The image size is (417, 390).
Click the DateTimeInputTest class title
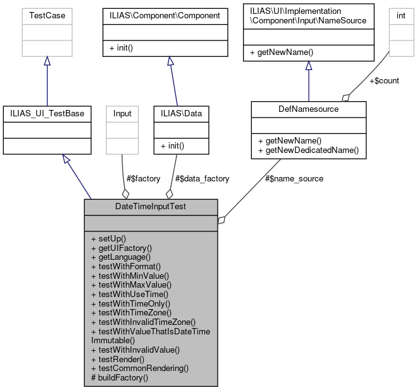pos(151,207)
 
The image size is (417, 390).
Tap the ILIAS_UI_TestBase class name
pos(47,113)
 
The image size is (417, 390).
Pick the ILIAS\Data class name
pos(181,113)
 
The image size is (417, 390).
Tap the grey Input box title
pos(122,113)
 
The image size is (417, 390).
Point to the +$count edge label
pos(384,80)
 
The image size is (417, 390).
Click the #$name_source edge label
pos(295,179)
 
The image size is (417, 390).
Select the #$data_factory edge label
pos(202,179)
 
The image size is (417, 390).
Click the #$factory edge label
pos(144,179)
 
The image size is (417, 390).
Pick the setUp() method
pos(109,238)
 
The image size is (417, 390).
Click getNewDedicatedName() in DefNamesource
pos(308,150)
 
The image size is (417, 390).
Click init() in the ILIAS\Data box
pos(173,145)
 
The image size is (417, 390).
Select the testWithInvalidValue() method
pos(135,349)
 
